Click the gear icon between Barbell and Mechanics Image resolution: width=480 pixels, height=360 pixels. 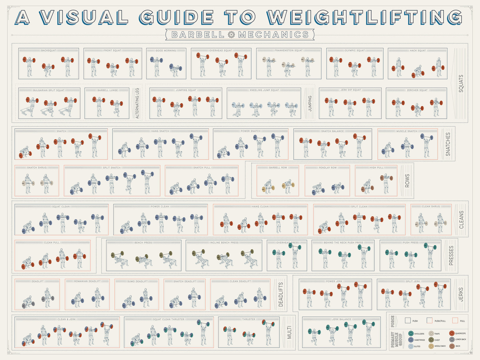[x=231, y=35]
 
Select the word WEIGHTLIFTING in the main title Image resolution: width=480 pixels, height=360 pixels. [x=364, y=17]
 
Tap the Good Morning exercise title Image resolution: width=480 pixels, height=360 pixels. [x=166, y=50]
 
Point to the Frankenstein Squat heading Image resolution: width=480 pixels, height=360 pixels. [x=288, y=50]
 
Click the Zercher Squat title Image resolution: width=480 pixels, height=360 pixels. [x=417, y=90]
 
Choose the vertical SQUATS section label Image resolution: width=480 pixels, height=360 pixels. [x=461, y=83]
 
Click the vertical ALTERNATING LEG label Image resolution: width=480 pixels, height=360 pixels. [x=137, y=103]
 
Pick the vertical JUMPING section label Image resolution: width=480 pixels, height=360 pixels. [x=310, y=103]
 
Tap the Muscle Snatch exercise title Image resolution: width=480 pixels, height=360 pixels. [x=407, y=131]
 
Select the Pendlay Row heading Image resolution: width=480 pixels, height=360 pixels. [x=327, y=168]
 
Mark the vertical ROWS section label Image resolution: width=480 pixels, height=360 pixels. [x=407, y=181]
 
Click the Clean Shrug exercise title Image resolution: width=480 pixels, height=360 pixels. [x=431, y=207]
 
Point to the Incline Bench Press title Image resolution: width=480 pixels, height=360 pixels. [x=224, y=242]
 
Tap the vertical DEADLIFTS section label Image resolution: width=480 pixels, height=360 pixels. [x=281, y=294]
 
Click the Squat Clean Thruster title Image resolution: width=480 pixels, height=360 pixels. [x=169, y=319]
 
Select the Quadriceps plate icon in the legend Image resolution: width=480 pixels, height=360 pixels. [x=452, y=333]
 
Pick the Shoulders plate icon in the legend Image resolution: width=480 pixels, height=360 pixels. [x=411, y=334]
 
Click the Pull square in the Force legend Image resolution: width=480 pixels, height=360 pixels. [x=455, y=321]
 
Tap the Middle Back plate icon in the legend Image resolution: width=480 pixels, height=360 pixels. [x=431, y=346]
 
